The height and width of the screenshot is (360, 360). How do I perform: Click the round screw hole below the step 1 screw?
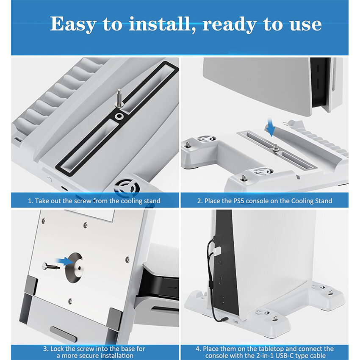(119, 116)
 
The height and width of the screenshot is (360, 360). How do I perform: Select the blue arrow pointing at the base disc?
(64, 261)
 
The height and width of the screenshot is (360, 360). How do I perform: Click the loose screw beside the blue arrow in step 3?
(51, 266)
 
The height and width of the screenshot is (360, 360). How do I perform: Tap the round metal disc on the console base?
(75, 268)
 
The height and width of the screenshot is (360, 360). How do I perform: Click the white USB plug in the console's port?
(217, 250)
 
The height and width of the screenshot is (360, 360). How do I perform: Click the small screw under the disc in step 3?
(70, 301)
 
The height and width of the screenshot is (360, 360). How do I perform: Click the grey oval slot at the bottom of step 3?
(63, 334)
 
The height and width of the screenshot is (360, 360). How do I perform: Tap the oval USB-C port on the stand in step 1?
(64, 189)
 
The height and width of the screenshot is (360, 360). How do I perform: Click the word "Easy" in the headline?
(72, 24)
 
